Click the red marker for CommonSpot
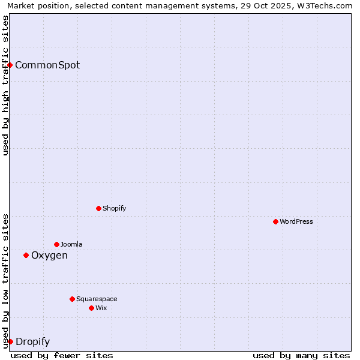pyautogui.click(x=10, y=65)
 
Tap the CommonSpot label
pyautogui.click(x=47, y=65)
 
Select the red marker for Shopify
pyautogui.click(x=98, y=208)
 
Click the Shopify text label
pyautogui.click(x=115, y=209)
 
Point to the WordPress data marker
pyautogui.click(x=275, y=221)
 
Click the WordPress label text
pyautogui.click(x=296, y=222)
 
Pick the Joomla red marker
pyautogui.click(x=56, y=244)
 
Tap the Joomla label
pyautogui.click(x=71, y=245)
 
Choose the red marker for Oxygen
pyautogui.click(x=26, y=255)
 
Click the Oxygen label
pyautogui.click(x=49, y=256)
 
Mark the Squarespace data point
pyautogui.click(x=72, y=299)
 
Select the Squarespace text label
pyautogui.click(x=97, y=299)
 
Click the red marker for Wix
pyautogui.click(x=91, y=308)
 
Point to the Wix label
pyautogui.click(x=101, y=308)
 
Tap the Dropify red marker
pyautogui.click(x=10, y=341)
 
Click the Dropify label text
pyautogui.click(x=32, y=342)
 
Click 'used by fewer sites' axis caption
pyautogui.click(x=62, y=355)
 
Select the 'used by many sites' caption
pyautogui.click(x=301, y=355)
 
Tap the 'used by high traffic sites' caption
pyautogui.click(x=6, y=85)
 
